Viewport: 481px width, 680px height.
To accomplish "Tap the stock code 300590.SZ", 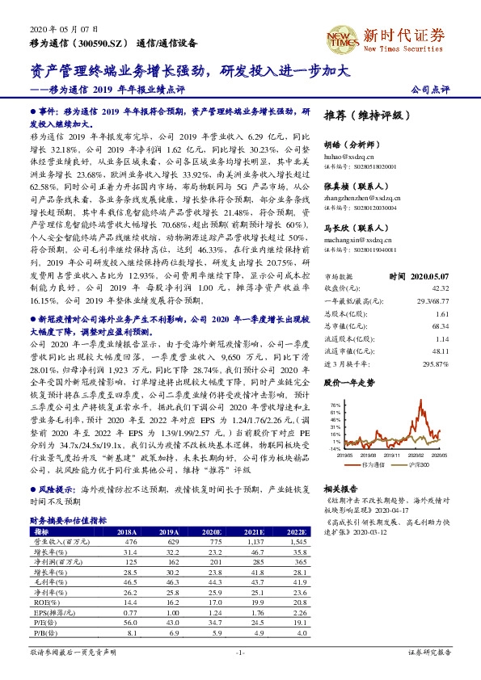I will (104, 42).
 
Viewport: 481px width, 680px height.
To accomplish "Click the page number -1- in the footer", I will (239, 651).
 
